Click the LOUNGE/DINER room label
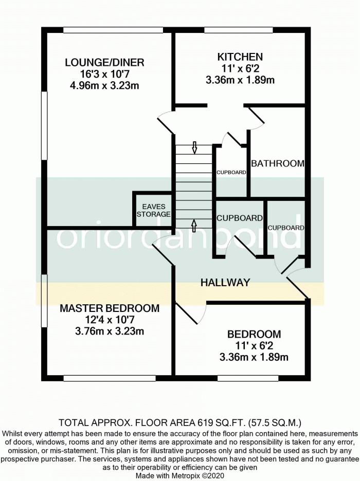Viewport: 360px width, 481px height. coord(104,63)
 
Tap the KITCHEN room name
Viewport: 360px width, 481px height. coord(240,57)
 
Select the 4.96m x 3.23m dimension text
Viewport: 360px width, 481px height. coord(104,85)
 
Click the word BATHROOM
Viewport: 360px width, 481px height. coord(277,163)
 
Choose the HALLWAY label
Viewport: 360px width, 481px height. coord(225,282)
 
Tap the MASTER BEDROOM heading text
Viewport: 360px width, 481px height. coord(110,308)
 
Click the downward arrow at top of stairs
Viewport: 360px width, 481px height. coord(194,147)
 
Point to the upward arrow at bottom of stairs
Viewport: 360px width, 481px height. coord(194,224)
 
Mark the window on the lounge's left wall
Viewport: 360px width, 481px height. coord(45,125)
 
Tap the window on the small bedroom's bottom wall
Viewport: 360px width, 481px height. coord(241,378)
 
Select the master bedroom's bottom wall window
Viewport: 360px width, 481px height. coord(110,378)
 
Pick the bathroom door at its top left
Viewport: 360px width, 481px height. coord(256,117)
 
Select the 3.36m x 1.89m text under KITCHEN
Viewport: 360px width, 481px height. coord(240,80)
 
